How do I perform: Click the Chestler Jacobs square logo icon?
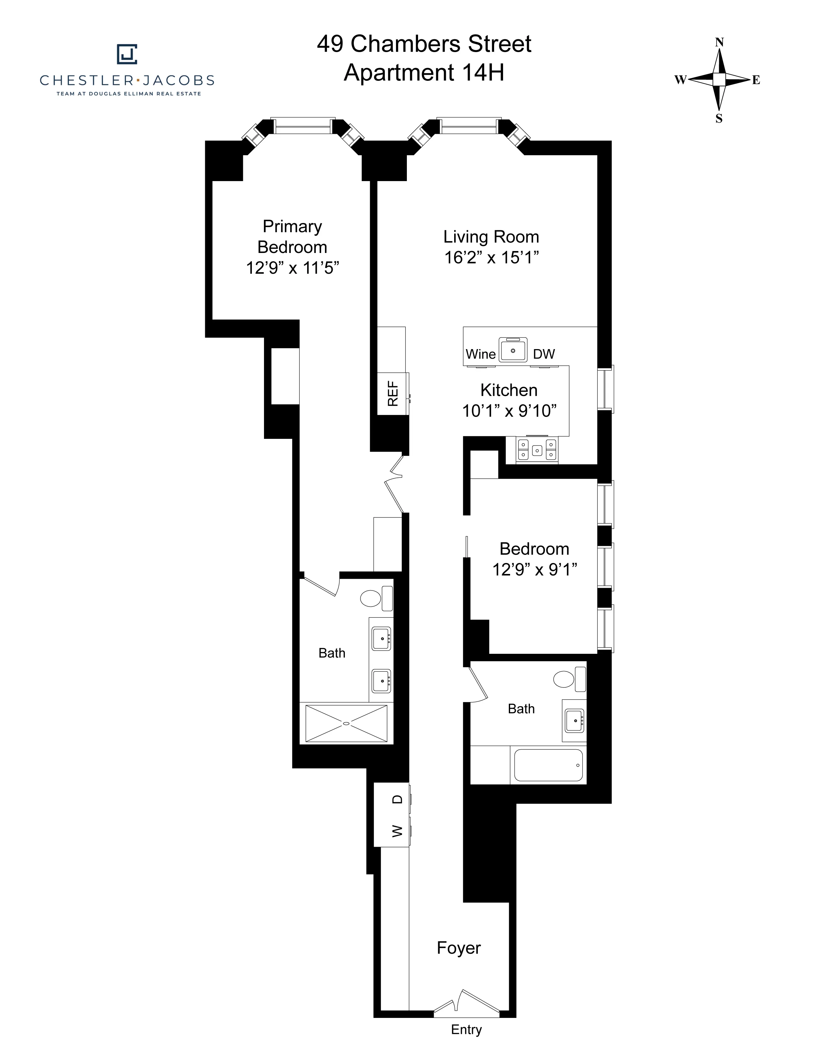pos(127,54)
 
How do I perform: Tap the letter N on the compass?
pos(719,42)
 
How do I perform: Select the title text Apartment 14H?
pos(423,73)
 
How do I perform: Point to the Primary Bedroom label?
pos(292,236)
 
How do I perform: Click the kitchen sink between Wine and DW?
pos(513,350)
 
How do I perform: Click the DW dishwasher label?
pos(544,354)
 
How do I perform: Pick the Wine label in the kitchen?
pos(480,354)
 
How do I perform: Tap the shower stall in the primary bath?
pos(346,723)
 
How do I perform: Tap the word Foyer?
pos(459,948)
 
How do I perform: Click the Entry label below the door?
pos(466,1029)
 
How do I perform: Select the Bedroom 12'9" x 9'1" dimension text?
pos(534,569)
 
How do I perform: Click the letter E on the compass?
pos(756,80)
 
